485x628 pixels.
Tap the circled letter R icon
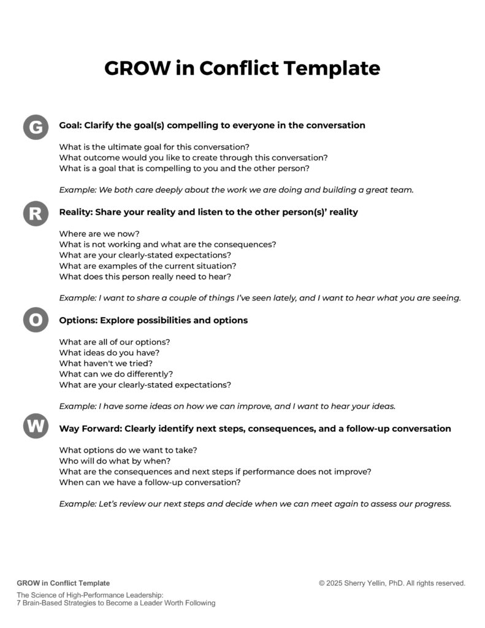(36, 213)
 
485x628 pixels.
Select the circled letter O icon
(36, 321)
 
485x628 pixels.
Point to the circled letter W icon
(36, 426)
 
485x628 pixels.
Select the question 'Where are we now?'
(99, 233)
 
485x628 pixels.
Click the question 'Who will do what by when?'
(115, 461)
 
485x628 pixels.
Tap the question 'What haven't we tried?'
(105, 363)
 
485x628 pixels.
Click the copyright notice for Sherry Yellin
(392, 583)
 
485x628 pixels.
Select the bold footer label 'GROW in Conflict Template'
(64, 583)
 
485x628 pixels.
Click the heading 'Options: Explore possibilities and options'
(153, 320)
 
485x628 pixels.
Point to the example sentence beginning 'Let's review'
(255, 504)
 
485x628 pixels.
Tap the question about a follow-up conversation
(150, 483)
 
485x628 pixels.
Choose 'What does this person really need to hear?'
(144, 277)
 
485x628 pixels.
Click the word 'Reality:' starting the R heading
(78, 212)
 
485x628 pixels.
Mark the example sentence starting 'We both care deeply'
(237, 190)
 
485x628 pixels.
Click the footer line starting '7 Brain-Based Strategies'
(116, 603)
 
